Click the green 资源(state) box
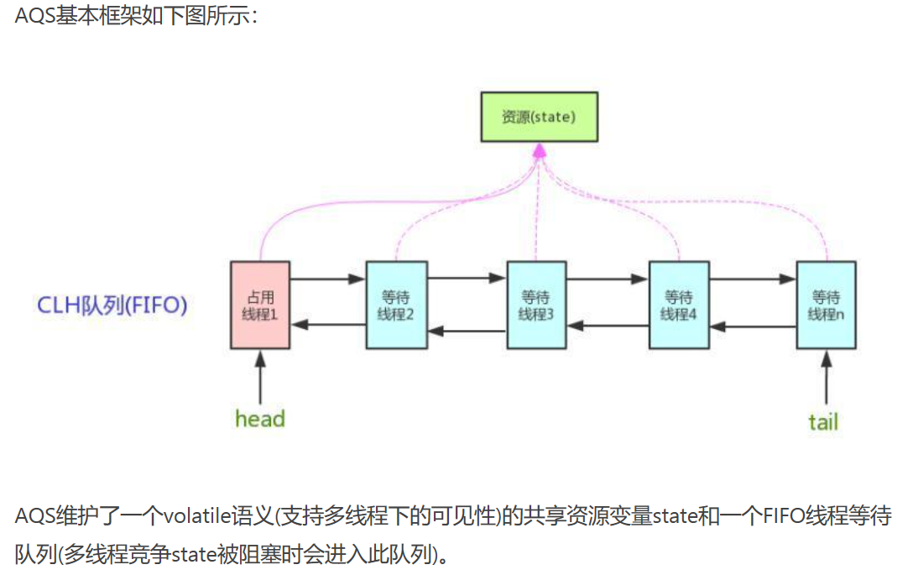(538, 117)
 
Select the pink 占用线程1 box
(260, 305)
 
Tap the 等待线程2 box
(396, 305)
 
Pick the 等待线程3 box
(536, 305)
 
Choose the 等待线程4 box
(679, 305)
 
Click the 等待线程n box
(826, 305)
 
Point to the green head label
(260, 418)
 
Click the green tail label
(823, 421)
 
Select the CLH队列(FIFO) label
(112, 305)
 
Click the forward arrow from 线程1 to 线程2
(328, 280)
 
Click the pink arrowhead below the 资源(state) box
(539, 150)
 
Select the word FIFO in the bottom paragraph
(787, 515)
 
